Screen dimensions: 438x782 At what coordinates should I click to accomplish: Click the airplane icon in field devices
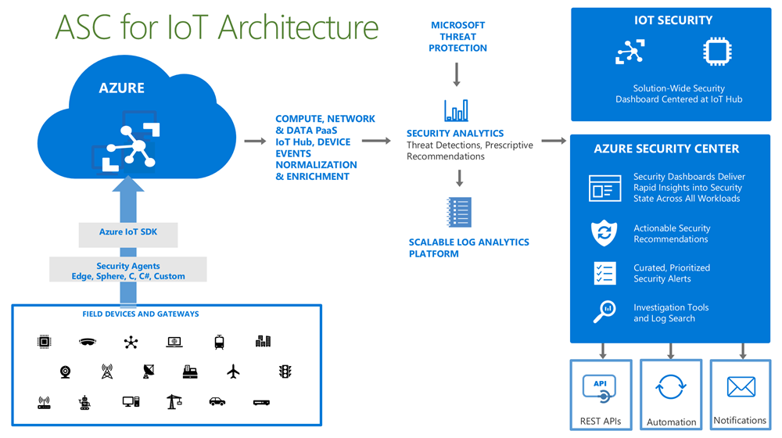click(233, 372)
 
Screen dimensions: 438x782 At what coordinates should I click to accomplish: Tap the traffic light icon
click(285, 372)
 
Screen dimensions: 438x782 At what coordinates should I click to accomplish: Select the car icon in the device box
click(217, 402)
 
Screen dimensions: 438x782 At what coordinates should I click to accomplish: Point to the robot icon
click(84, 403)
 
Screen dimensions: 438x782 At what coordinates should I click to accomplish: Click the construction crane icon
click(174, 401)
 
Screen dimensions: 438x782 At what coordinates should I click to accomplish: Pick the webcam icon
click(65, 372)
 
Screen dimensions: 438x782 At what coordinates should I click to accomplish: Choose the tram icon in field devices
click(220, 342)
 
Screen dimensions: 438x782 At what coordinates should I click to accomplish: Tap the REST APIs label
click(601, 421)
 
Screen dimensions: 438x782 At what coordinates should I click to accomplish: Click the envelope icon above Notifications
click(741, 386)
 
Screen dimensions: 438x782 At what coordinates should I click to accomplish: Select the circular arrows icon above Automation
click(670, 386)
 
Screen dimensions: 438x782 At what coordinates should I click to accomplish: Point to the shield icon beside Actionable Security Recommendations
click(604, 233)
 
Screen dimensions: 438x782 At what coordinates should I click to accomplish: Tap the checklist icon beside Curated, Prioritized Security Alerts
click(604, 273)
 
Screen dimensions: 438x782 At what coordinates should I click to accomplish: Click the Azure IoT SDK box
click(127, 232)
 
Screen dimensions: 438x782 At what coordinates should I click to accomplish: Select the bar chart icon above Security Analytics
click(456, 110)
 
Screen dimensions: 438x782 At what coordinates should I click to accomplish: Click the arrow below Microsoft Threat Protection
click(457, 75)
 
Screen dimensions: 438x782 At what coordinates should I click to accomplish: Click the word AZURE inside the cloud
click(121, 88)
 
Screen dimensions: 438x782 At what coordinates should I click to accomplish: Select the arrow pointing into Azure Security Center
click(554, 142)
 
